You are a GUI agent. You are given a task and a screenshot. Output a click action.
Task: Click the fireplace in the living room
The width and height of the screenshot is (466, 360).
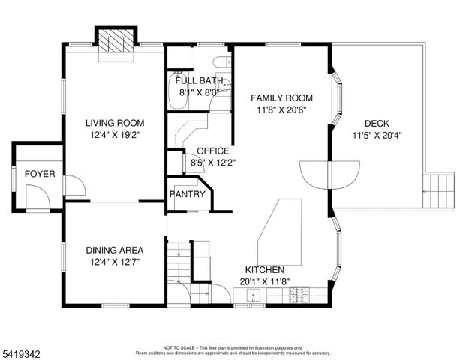[116, 41]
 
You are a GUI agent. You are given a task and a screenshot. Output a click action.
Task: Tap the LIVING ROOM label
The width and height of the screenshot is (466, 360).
[114, 123]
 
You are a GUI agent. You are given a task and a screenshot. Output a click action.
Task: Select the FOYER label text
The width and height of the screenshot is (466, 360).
[40, 174]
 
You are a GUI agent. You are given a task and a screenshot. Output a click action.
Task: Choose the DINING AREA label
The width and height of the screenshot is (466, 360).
[114, 250]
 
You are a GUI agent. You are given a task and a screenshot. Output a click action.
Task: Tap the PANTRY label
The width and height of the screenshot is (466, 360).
[187, 194]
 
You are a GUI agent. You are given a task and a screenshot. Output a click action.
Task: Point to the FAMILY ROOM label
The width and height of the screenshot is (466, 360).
[281, 98]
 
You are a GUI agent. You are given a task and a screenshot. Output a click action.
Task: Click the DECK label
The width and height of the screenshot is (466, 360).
[377, 124]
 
